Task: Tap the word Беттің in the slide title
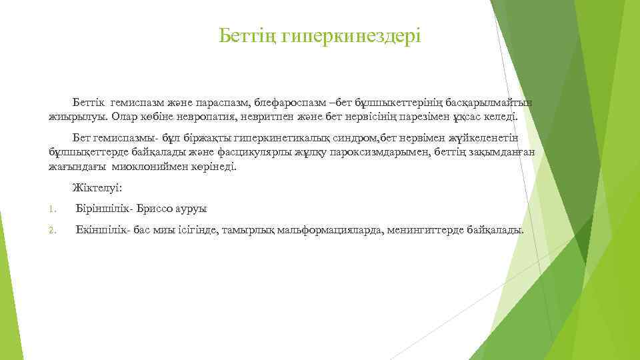[x=247, y=34]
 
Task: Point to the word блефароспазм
[x=291, y=104]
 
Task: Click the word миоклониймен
[x=145, y=165]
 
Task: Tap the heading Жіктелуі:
[x=97, y=188]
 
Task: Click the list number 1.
[x=51, y=209]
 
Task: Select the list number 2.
[x=52, y=230]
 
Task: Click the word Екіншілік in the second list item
[x=99, y=229]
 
